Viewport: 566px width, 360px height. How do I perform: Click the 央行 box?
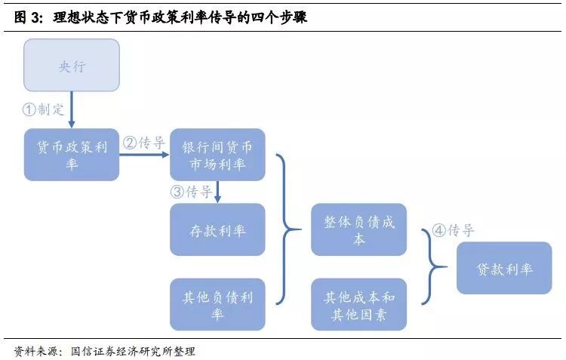[72, 66]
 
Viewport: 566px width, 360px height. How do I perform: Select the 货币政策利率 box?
[72, 155]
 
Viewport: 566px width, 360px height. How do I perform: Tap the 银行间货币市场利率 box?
[217, 155]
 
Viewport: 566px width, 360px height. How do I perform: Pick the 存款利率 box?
[217, 229]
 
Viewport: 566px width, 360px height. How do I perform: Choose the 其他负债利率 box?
[217, 304]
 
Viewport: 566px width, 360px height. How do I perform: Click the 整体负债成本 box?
[358, 229]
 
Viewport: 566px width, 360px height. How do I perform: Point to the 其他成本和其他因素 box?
[358, 304]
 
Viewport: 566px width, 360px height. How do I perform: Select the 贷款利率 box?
[504, 268]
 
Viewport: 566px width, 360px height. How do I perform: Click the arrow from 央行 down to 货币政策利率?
[72, 110]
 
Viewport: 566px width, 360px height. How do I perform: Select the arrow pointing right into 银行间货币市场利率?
[144, 155]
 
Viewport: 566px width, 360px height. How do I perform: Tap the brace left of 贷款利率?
[433, 268]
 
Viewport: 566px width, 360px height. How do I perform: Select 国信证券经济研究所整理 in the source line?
[133, 351]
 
